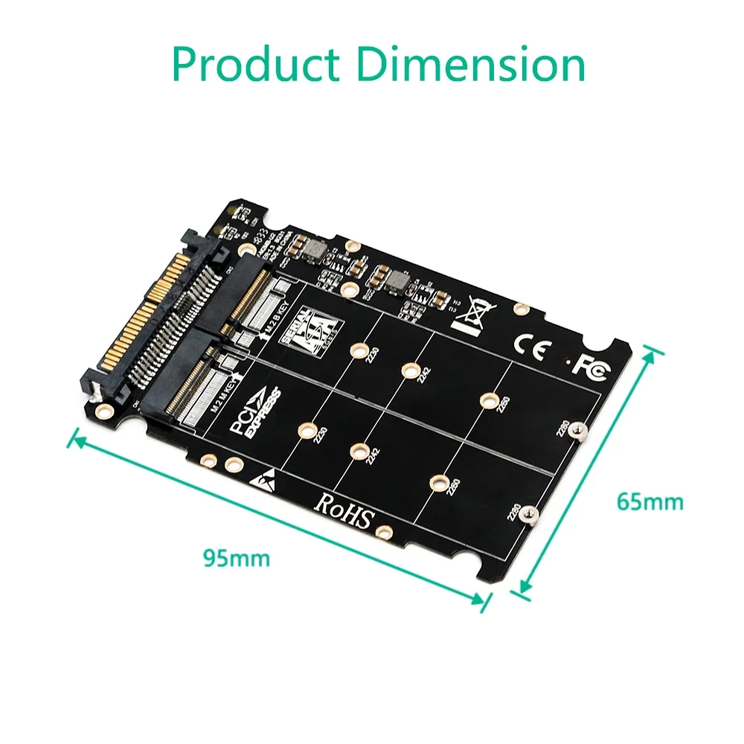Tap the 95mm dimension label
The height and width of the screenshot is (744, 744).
click(237, 557)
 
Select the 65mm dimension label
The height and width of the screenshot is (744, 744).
click(650, 501)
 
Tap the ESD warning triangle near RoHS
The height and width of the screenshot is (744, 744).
click(265, 477)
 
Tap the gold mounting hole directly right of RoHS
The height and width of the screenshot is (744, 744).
click(384, 531)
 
